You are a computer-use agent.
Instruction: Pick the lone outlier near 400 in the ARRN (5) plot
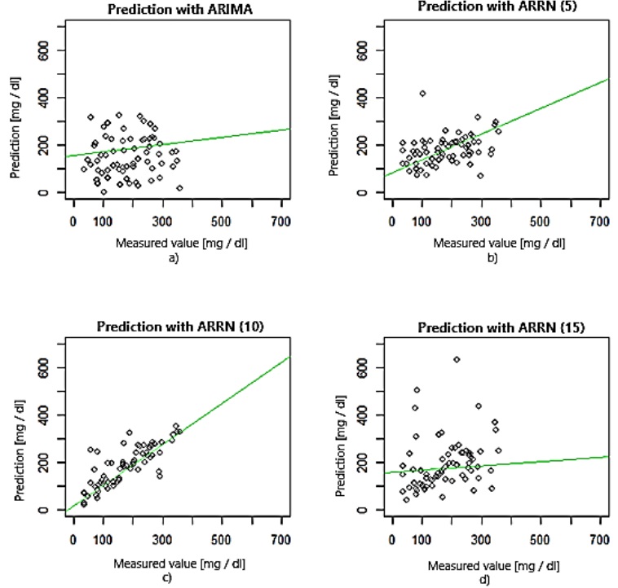(422, 94)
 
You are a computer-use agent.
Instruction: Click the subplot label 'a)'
(177, 258)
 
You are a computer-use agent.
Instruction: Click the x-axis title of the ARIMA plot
(177, 243)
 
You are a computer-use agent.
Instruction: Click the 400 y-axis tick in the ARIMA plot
(35, 98)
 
